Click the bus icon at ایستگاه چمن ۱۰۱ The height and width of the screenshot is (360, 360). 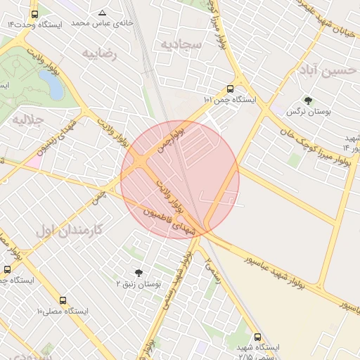tap(230, 89)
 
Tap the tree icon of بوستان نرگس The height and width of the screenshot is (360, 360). tap(308, 101)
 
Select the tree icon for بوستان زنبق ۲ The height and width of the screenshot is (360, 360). tap(138, 272)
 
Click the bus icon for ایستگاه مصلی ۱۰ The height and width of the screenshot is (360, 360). tap(63, 301)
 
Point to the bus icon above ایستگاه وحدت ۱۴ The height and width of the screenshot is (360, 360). tap(35, 14)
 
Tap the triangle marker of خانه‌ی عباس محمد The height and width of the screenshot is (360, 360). tap(103, 13)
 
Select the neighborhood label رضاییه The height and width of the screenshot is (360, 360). tap(99, 53)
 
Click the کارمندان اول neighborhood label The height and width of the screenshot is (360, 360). tap(68, 230)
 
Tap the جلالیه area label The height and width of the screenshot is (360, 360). tap(28, 120)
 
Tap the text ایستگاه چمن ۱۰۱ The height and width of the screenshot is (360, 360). tap(230, 101)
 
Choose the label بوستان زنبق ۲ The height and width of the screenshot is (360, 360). tap(139, 283)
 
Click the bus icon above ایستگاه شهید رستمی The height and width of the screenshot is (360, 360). tap(257, 337)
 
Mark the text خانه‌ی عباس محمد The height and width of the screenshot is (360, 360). tap(103, 24)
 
